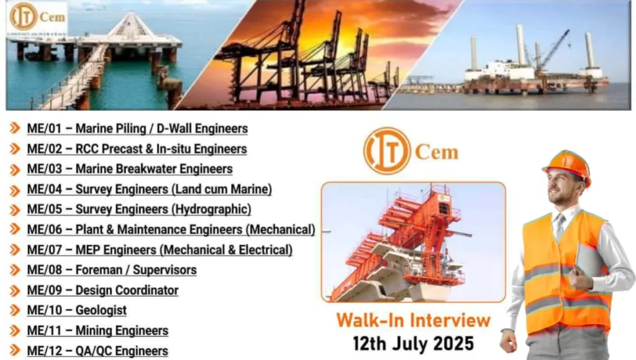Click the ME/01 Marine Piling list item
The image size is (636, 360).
click(x=137, y=129)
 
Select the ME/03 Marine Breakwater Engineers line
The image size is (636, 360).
click(x=130, y=169)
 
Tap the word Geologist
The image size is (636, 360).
click(x=101, y=310)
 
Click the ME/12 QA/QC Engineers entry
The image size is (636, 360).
click(x=98, y=351)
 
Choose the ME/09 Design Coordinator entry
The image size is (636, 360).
click(x=102, y=290)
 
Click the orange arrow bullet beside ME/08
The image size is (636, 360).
click(x=15, y=270)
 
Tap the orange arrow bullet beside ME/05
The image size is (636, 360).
click(x=15, y=210)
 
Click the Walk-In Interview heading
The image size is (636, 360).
click(x=413, y=320)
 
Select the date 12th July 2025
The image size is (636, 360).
click(x=413, y=343)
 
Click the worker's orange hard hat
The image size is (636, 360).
click(x=567, y=165)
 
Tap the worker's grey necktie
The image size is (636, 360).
click(x=560, y=227)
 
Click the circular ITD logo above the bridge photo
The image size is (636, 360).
click(x=387, y=151)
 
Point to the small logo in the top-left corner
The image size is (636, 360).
click(x=37, y=19)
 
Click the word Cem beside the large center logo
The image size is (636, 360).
click(x=437, y=152)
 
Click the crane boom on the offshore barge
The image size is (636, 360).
click(x=554, y=48)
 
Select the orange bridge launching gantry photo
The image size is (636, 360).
click(x=413, y=242)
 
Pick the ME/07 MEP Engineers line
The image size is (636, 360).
click(x=160, y=250)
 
